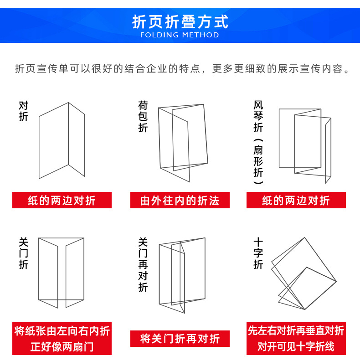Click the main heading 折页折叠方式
point(180,21)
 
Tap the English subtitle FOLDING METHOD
point(180,35)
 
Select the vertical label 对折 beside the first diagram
point(24,111)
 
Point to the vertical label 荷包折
point(143,117)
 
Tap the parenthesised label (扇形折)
point(258,161)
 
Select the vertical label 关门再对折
point(143,264)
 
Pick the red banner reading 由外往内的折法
point(180,201)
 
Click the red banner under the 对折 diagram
point(62,201)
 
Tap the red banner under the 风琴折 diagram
point(296,201)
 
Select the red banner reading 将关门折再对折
point(180,339)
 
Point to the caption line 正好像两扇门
point(62,346)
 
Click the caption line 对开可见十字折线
point(296,346)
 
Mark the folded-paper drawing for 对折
point(62,140)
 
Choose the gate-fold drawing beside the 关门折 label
point(62,272)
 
